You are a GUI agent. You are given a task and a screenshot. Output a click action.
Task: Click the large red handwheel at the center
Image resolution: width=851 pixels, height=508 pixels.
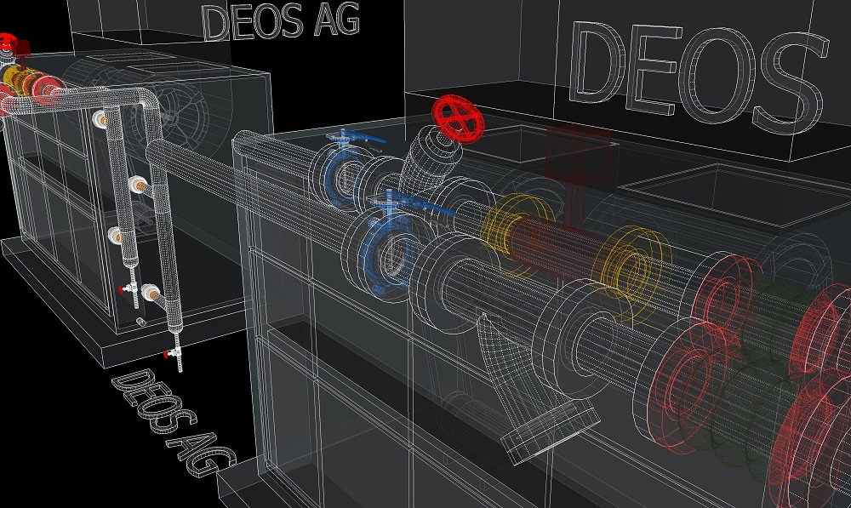coord(458,119)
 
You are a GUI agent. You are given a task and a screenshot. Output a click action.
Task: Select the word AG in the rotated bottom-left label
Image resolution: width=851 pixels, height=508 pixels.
coord(202,454)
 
